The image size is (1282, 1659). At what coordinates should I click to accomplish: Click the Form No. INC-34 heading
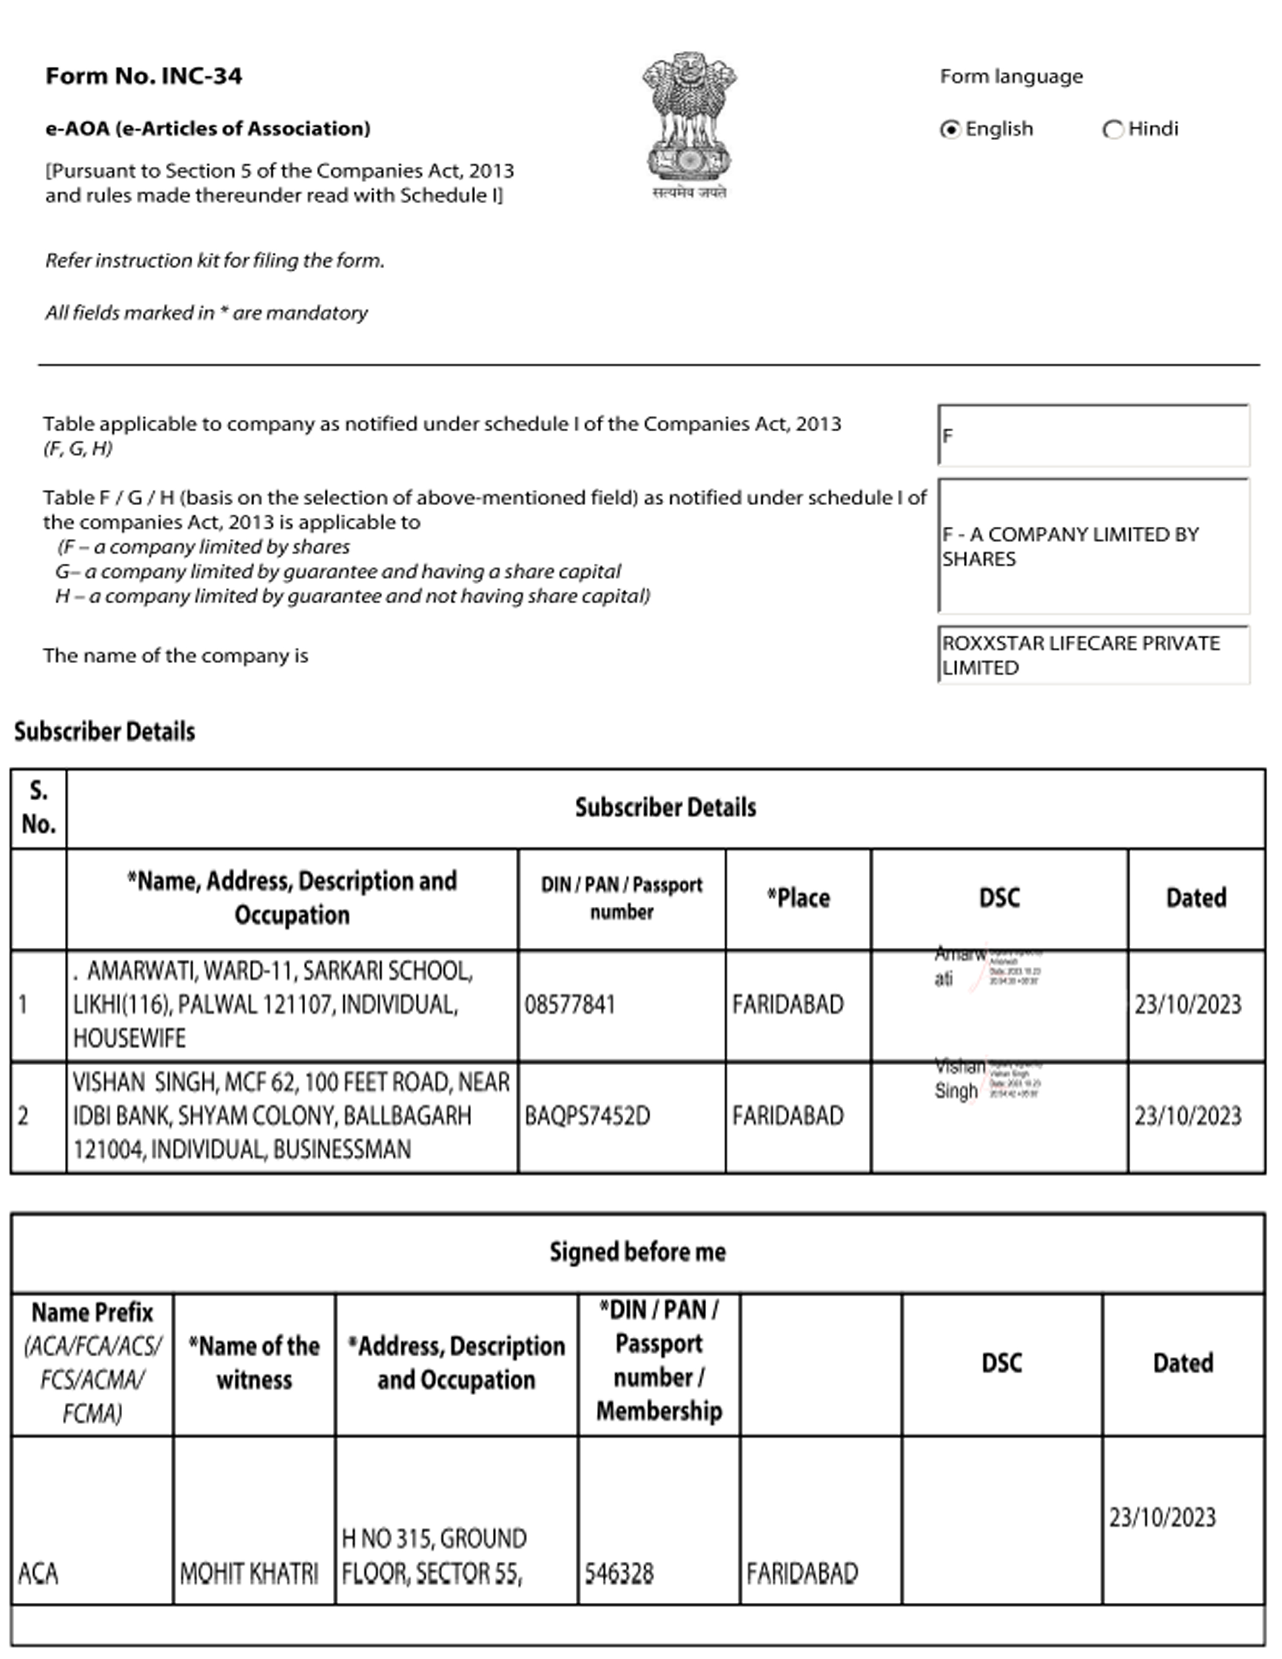pos(144,76)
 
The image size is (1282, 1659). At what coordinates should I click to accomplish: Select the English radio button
pos(950,129)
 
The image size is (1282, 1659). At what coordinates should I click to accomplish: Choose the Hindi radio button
pos(1113,129)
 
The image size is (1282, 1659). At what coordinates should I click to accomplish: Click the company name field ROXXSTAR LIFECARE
pos(1093,655)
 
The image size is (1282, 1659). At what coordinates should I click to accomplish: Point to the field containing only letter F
pos(1093,436)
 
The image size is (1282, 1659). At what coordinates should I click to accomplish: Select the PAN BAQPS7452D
pos(587,1116)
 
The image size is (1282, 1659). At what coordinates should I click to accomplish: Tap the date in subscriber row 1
pos(1188,1005)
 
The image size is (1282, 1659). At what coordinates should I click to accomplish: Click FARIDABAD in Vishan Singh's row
pos(788,1116)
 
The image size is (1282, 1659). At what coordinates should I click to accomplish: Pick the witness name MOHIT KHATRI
pos(249,1573)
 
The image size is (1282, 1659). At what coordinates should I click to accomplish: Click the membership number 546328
pos(619,1573)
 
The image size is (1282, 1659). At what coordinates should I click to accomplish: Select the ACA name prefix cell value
pos(38,1573)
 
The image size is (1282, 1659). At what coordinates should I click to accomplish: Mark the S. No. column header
pos(38,807)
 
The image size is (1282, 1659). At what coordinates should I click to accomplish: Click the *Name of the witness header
pos(254,1363)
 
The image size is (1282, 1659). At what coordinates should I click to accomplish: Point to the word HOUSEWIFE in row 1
pos(129,1039)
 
